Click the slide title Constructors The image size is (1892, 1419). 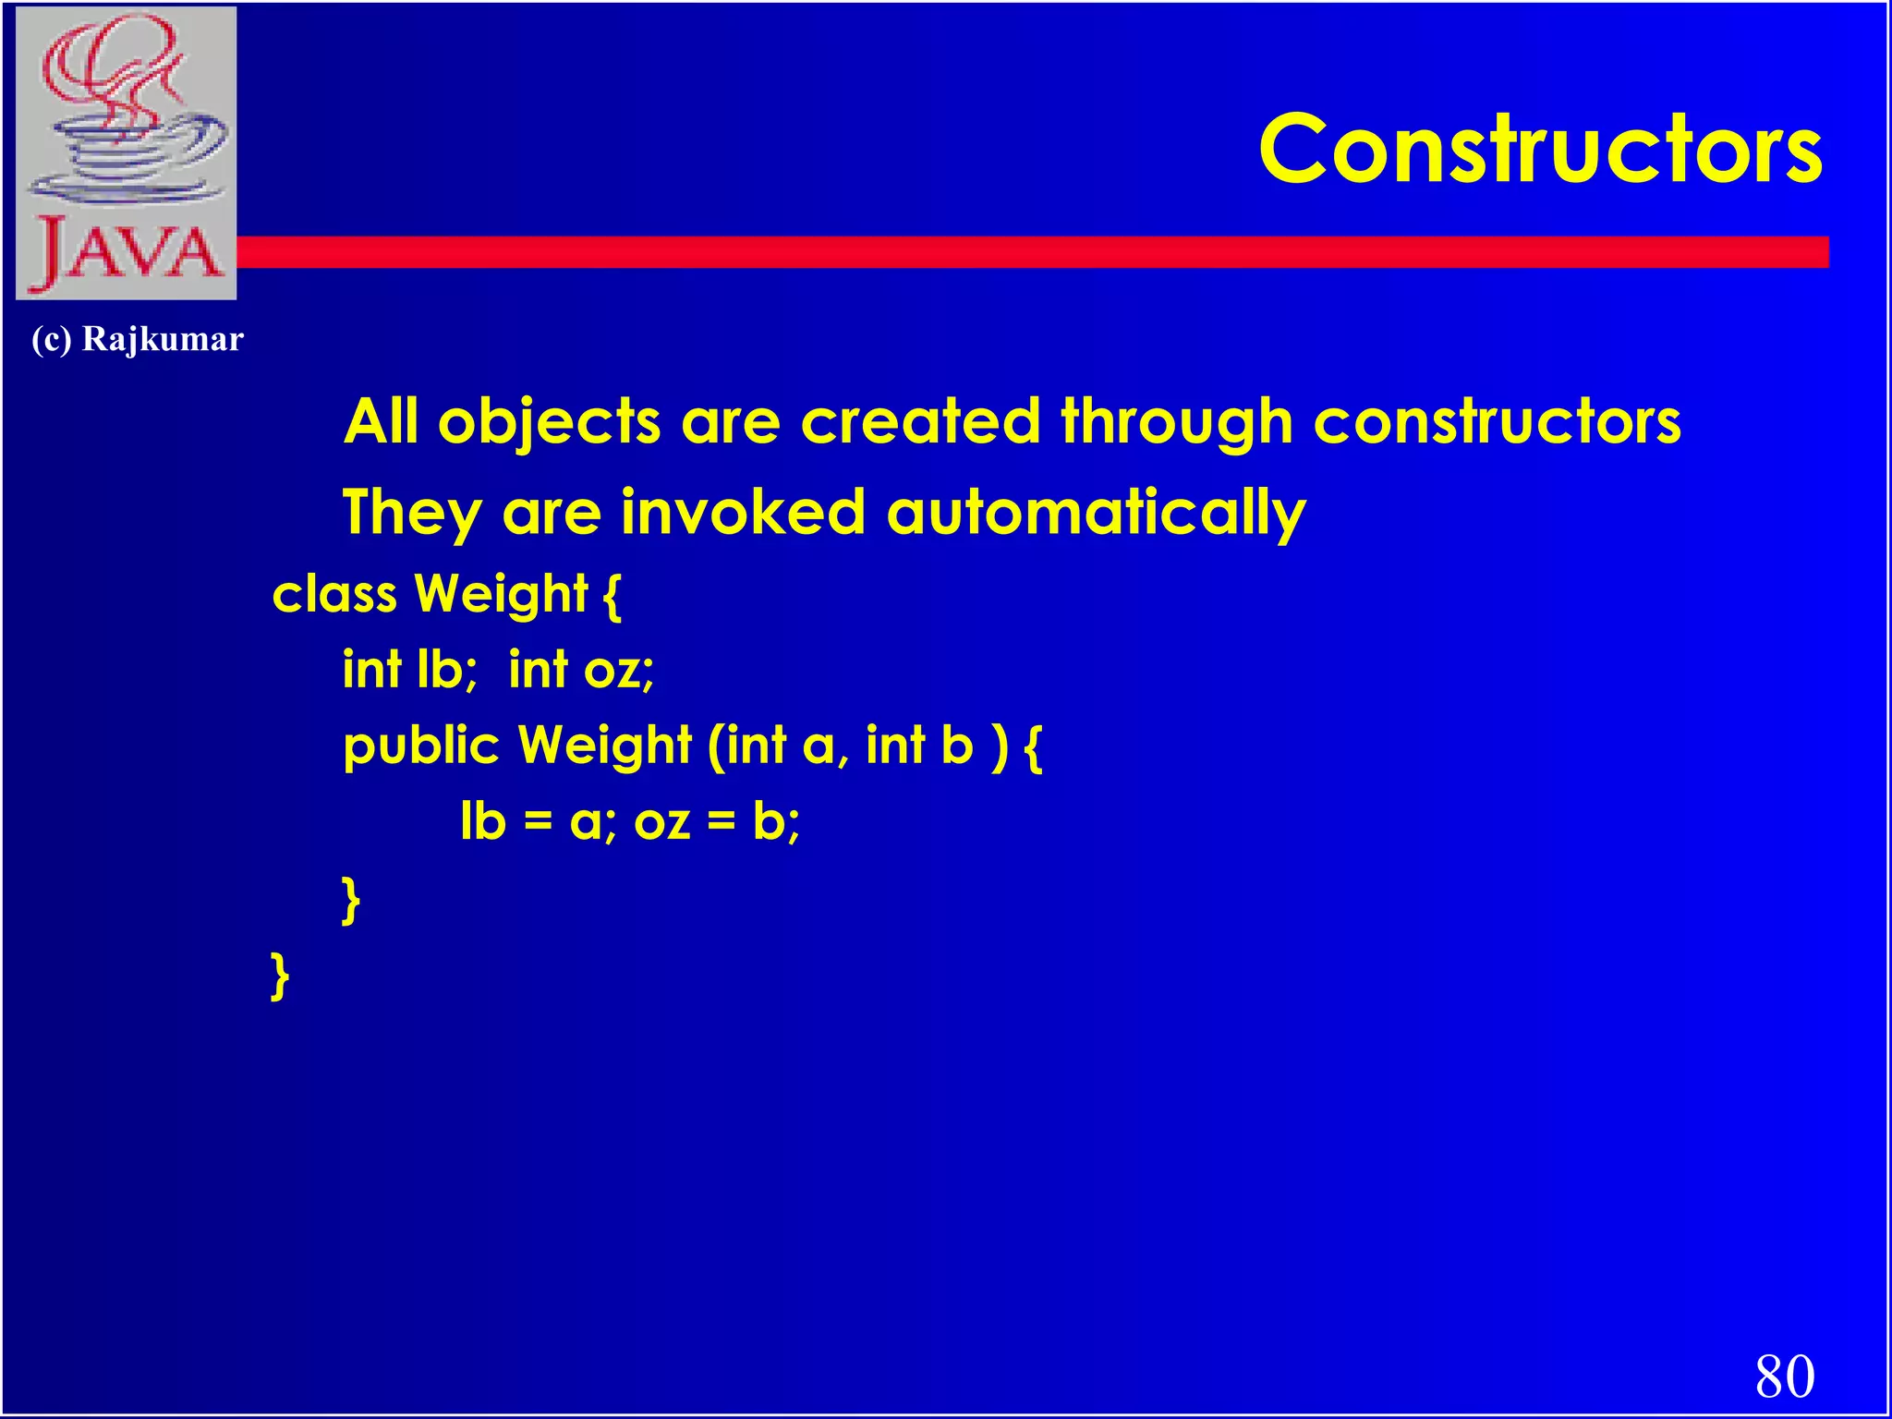1540,150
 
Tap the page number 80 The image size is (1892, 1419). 1785,1376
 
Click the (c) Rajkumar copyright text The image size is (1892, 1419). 138,339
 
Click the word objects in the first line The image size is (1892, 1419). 549,423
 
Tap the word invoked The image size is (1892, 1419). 743,513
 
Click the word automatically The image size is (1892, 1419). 1096,513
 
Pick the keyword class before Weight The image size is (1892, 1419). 334,594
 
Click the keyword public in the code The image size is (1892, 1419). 420,746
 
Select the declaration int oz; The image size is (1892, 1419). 581,669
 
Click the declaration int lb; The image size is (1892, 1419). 409,669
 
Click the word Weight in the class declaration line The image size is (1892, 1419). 501,594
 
